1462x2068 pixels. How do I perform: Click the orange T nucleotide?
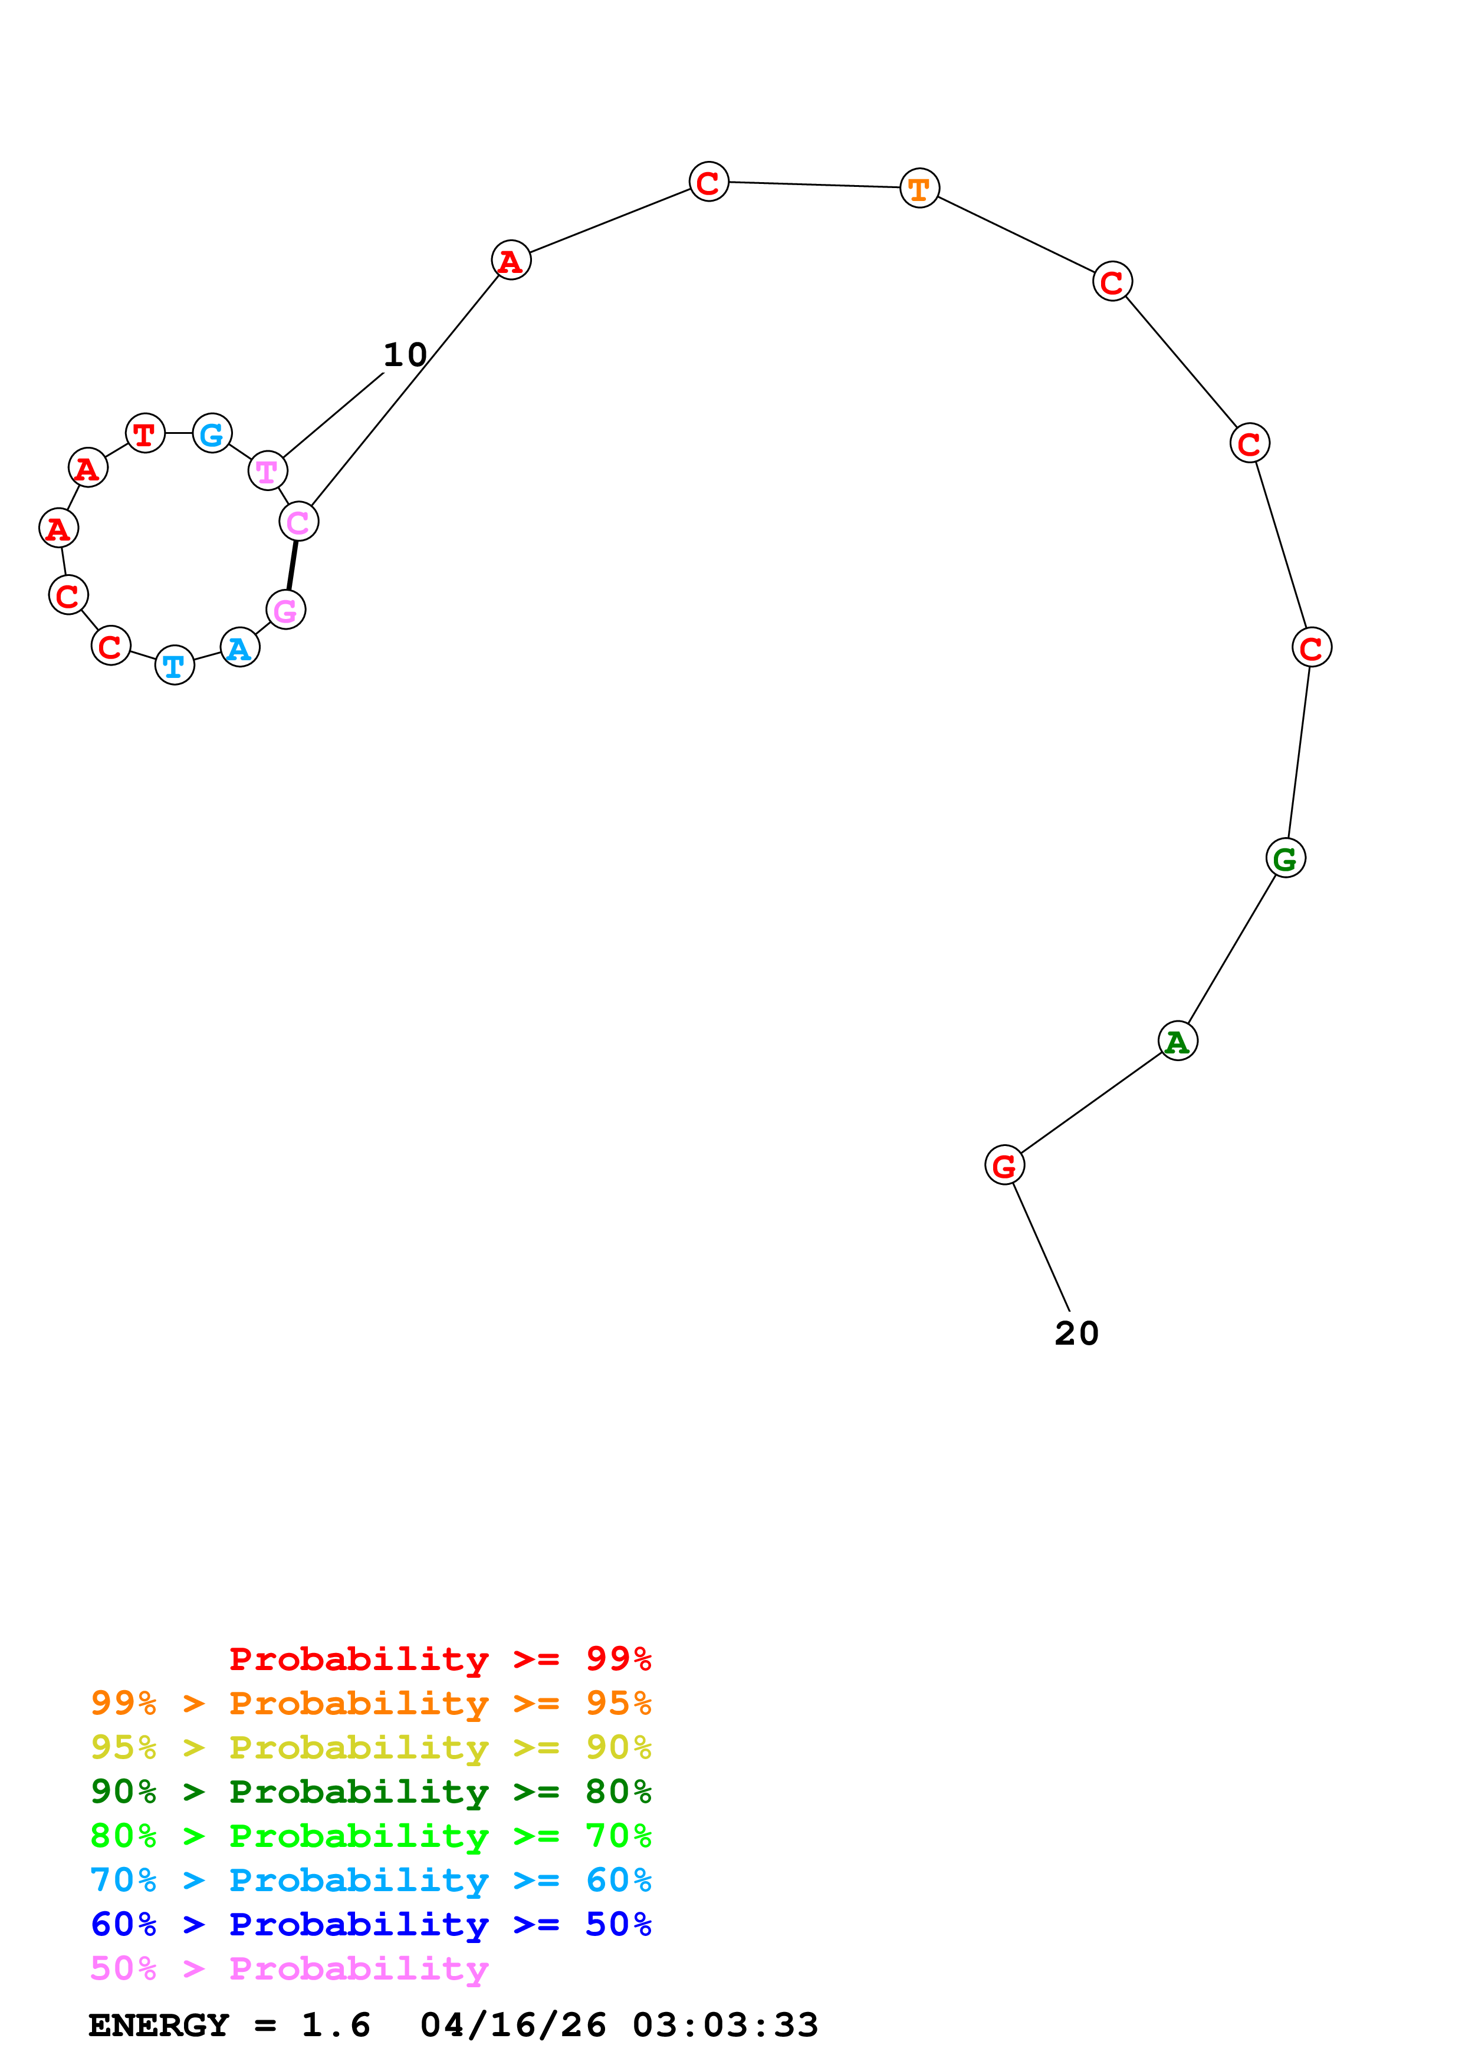pyautogui.click(x=919, y=188)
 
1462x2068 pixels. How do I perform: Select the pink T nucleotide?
pyautogui.click(x=267, y=470)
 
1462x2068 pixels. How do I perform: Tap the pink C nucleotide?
pyautogui.click(x=298, y=522)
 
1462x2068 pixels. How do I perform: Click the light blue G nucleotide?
pyautogui.click(x=212, y=433)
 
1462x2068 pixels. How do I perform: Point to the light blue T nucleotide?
pyautogui.click(x=174, y=665)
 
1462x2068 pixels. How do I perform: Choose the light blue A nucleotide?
pyautogui.click(x=239, y=648)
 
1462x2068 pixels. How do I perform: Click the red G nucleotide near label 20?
pyautogui.click(x=1004, y=1165)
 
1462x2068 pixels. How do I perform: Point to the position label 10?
pyautogui.click(x=405, y=355)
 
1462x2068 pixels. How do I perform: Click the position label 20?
pyautogui.click(x=1076, y=1334)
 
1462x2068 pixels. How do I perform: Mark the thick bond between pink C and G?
pyautogui.click(x=292, y=566)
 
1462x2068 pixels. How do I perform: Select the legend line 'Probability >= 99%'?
pyautogui.click(x=439, y=1659)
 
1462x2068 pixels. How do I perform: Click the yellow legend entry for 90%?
pyautogui.click(x=370, y=1747)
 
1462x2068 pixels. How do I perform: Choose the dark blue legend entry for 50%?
pyautogui.click(x=370, y=1924)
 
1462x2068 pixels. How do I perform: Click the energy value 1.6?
pyautogui.click(x=335, y=2026)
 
